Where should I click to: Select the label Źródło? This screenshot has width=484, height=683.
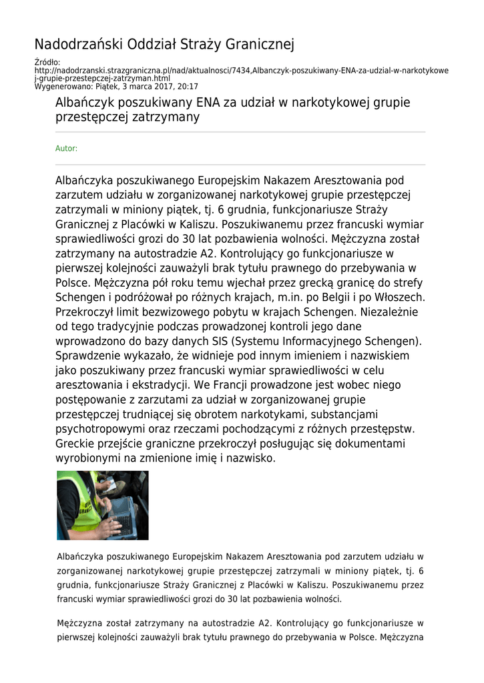[x=47, y=63]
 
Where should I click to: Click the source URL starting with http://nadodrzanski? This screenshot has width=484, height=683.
[x=241, y=71]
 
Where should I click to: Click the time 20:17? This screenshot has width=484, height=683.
[x=188, y=87]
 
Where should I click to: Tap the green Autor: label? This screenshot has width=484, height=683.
[x=66, y=149]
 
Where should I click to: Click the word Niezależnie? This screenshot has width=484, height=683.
[x=387, y=311]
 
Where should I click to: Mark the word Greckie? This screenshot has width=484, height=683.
[x=74, y=444]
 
